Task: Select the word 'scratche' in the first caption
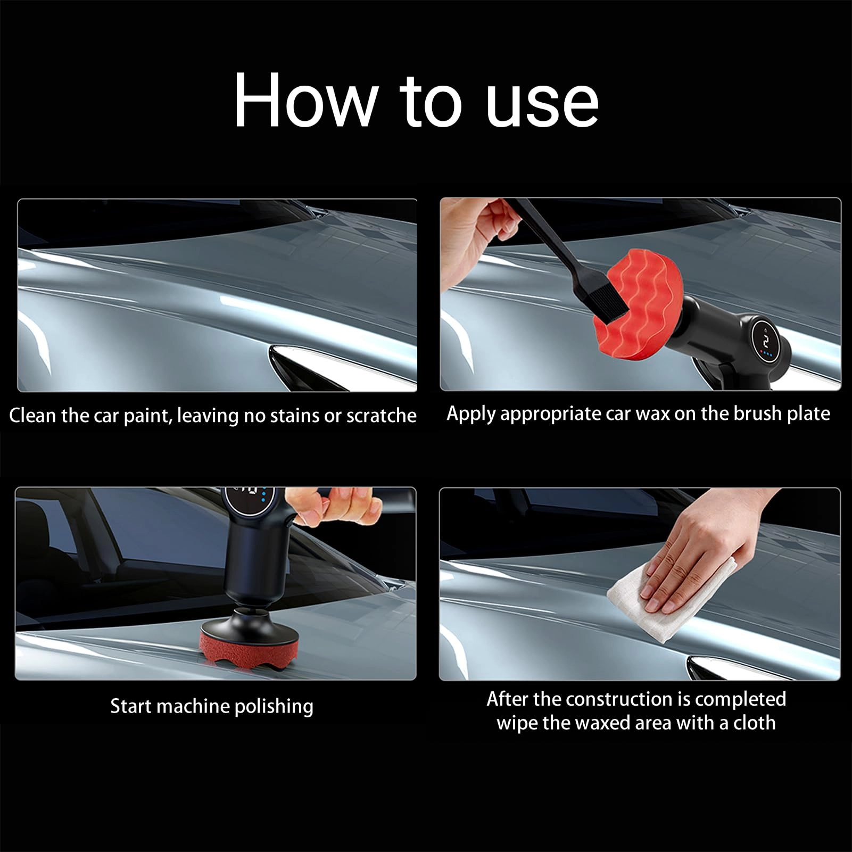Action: coord(381,416)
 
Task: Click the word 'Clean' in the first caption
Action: coord(33,416)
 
